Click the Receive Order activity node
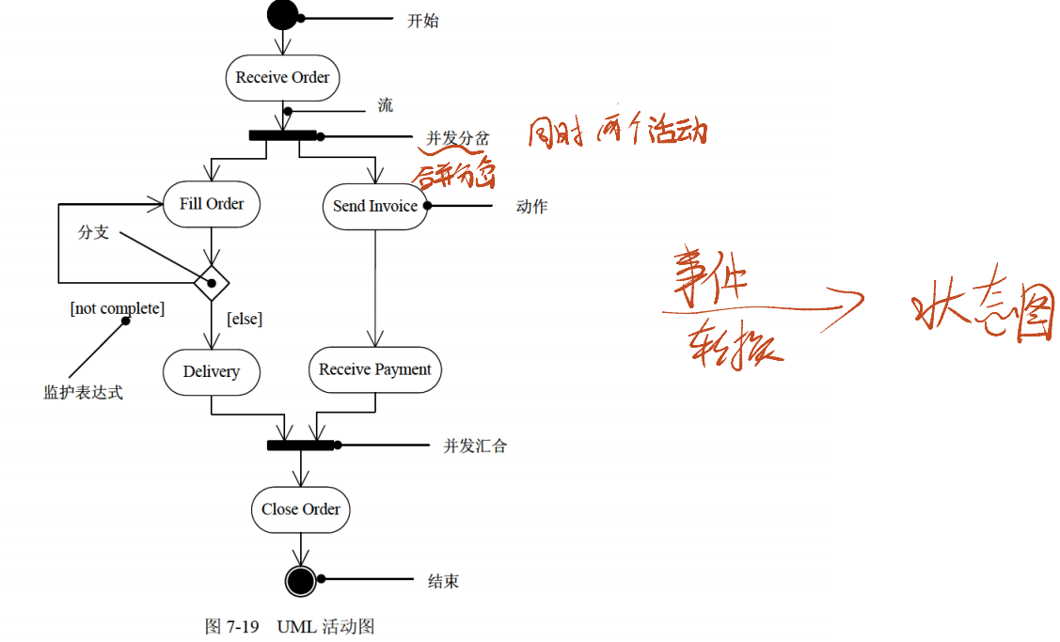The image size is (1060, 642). (282, 78)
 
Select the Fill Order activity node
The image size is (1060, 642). (212, 204)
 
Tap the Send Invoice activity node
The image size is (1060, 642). (375, 206)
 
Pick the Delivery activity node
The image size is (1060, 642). (212, 371)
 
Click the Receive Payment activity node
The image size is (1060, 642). (375, 370)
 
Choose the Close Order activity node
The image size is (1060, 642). (301, 509)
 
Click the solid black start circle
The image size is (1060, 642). (282, 16)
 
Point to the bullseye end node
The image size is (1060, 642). (300, 581)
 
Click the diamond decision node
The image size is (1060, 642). (212, 281)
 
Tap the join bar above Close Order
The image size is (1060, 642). (301, 445)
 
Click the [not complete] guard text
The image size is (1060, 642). (118, 308)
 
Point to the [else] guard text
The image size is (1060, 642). (245, 320)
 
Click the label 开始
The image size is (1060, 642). (422, 21)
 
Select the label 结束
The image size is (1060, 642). (444, 582)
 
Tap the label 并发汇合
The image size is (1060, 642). (475, 446)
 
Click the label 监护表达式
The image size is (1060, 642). (83, 392)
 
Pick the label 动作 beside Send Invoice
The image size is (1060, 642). (531, 207)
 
